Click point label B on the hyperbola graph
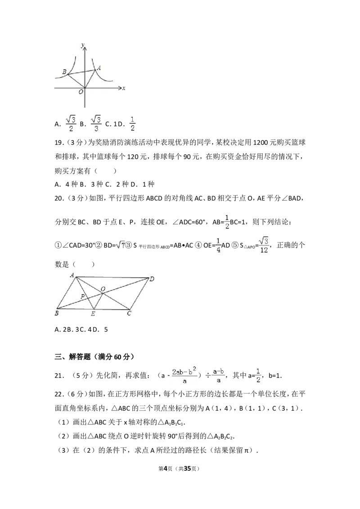pyautogui.click(x=64, y=72)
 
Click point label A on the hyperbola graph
pyautogui.click(x=99, y=68)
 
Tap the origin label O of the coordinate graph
pyautogui.click(x=81, y=92)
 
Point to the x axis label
pyautogui.click(x=124, y=88)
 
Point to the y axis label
pyautogui.click(x=83, y=45)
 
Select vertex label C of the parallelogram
pyautogui.click(x=129, y=313)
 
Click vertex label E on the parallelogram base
pyautogui.click(x=93, y=313)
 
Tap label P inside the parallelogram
pyautogui.click(x=82, y=296)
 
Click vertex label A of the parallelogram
pyautogui.click(x=72, y=275)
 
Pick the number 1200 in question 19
pyautogui.click(x=260, y=143)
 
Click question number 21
pyautogui.click(x=58, y=375)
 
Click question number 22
pyautogui.click(x=58, y=394)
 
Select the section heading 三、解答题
pyautogui.click(x=72, y=357)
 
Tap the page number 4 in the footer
pyautogui.click(x=166, y=469)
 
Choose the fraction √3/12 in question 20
pyautogui.click(x=264, y=245)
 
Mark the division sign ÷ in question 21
pyautogui.click(x=208, y=375)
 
